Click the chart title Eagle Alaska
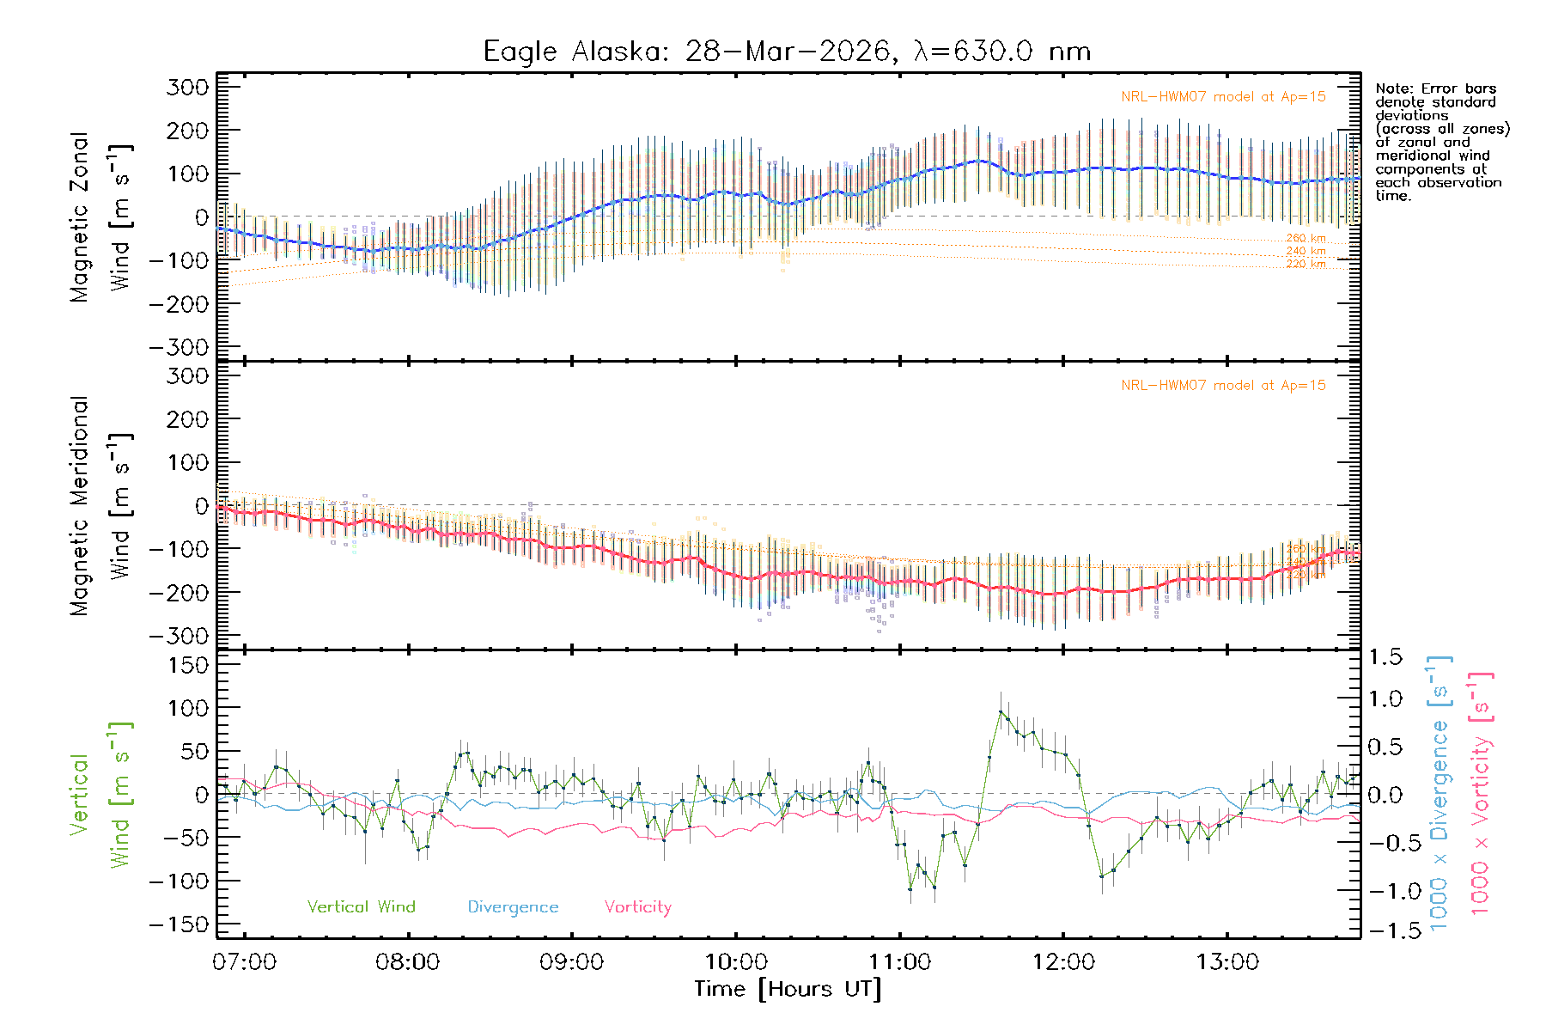786,52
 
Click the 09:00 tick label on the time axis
571,961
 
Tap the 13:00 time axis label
1227,961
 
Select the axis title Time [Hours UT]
788,989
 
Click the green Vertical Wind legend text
361,906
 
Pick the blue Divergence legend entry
513,906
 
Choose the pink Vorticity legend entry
637,906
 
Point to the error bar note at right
1440,142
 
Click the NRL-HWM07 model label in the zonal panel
1223,97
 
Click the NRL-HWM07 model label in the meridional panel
1223,386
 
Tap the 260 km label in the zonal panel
1306,238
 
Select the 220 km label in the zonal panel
1306,264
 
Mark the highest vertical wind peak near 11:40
1001,711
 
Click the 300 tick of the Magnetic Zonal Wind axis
187,87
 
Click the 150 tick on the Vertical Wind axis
187,665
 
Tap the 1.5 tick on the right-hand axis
1385,657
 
